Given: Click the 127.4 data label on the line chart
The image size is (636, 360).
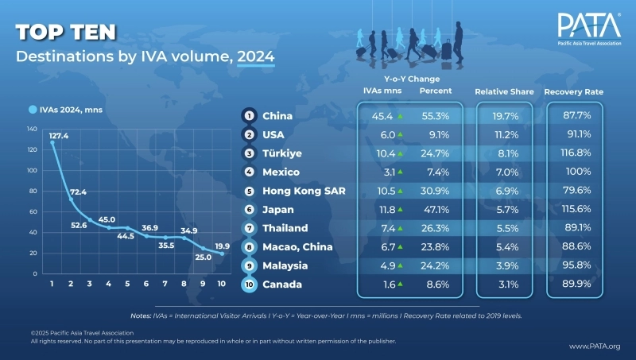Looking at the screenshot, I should point(60,135).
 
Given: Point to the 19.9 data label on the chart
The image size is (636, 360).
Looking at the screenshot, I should point(223,246).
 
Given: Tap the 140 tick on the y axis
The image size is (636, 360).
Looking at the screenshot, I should point(32,128).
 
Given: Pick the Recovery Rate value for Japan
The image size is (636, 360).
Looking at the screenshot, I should point(573,209).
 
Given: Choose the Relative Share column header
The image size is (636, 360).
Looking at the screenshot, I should point(502,92).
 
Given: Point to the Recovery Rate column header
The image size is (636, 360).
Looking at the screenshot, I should point(573,92).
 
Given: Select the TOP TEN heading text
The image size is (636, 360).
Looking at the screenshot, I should point(66,32).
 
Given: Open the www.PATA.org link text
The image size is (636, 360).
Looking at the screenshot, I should point(595,346).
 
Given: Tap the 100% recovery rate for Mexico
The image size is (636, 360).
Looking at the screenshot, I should point(573,172).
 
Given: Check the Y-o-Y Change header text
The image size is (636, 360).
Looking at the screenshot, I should point(412,79).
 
